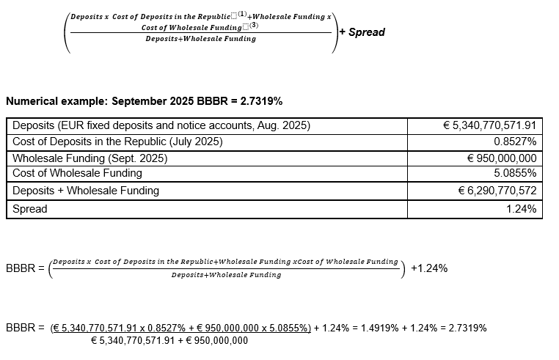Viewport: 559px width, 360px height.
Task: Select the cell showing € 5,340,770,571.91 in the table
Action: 490,125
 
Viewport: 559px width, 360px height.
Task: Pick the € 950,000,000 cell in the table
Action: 502,158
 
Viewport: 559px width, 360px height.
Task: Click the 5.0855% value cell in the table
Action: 515,174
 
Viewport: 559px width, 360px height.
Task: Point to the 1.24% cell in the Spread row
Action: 521,209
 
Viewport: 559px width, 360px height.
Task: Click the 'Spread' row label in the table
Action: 30,209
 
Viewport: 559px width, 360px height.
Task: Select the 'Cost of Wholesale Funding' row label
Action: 77,174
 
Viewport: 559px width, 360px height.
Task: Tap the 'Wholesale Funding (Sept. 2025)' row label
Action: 90,158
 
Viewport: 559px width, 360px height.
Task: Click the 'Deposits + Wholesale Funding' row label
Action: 86,191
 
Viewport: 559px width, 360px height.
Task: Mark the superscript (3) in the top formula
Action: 254,25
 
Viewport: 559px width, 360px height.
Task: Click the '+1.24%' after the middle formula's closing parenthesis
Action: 429,268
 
